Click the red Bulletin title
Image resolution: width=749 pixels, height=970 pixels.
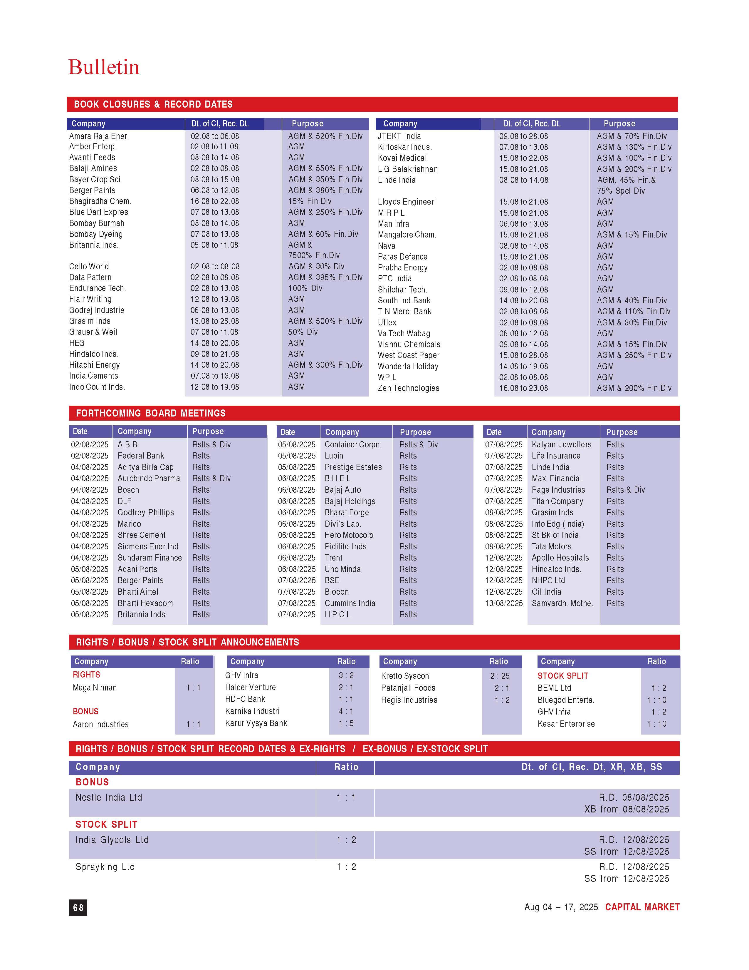104,67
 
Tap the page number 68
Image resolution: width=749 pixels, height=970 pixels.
78,907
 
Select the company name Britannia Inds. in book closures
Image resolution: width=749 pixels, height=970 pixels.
94,245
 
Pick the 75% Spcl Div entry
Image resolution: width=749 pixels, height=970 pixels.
620,191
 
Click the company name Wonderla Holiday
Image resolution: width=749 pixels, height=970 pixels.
408,367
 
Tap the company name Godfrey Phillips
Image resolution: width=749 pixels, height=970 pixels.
145,513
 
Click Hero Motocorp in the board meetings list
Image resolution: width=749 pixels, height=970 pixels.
349,535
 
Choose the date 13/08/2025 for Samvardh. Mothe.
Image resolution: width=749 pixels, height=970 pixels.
504,603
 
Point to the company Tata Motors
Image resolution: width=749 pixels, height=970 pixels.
552,547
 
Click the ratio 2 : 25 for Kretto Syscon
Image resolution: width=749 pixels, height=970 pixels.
500,676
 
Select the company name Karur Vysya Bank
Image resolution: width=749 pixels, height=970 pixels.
256,723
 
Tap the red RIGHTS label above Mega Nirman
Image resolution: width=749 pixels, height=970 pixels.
87,675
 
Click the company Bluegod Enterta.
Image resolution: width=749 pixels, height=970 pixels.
566,700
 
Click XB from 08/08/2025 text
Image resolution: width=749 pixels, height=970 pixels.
627,809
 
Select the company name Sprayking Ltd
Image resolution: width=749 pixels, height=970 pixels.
105,867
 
